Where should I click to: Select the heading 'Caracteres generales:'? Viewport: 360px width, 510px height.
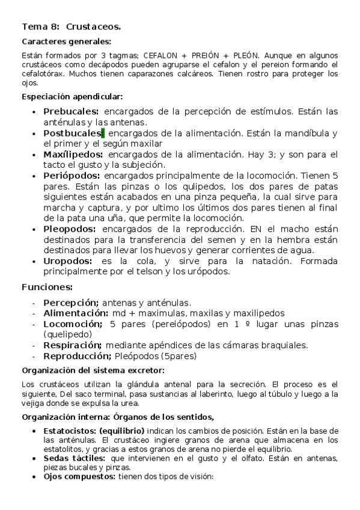pos(66,41)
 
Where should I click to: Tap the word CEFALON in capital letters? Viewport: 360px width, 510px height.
pos(161,55)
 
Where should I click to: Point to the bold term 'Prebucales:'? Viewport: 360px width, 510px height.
pos(71,111)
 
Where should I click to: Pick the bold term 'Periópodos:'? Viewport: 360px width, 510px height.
pos(72,176)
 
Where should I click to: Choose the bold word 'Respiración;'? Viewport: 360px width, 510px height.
pos(72,345)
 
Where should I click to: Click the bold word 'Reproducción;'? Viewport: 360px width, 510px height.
pos(78,355)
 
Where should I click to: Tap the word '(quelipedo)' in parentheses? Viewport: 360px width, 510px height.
pos(67,334)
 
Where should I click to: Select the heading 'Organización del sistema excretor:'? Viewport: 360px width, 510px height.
pos(93,370)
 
